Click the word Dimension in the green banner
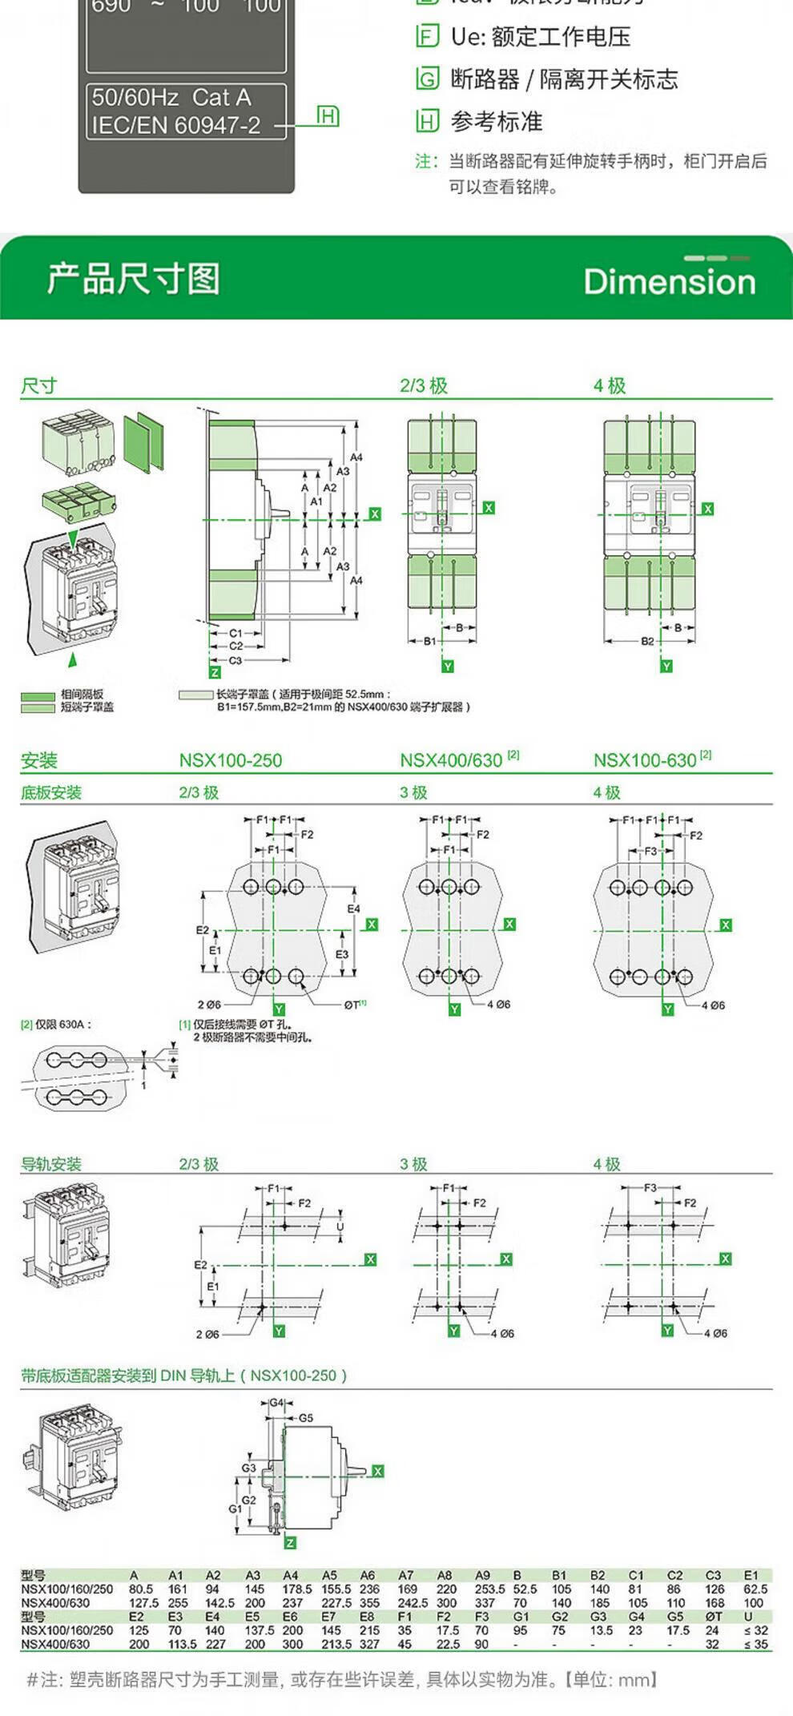tap(670, 282)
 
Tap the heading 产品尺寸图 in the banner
tap(133, 279)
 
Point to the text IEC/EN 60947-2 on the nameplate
tap(176, 125)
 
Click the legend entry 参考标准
tap(497, 122)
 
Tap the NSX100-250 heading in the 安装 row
tap(231, 760)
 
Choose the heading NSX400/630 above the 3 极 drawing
tap(451, 760)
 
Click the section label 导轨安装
tap(51, 1164)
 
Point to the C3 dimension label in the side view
tap(235, 661)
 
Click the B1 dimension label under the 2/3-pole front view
tap(430, 641)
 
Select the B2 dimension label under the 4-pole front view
tap(647, 641)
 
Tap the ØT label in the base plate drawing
tap(352, 1005)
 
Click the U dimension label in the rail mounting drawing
tap(340, 1227)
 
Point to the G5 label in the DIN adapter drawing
tap(306, 1418)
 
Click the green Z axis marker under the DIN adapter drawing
tap(290, 1543)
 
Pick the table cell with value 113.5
tap(183, 1644)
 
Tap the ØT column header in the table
tap(713, 1617)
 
